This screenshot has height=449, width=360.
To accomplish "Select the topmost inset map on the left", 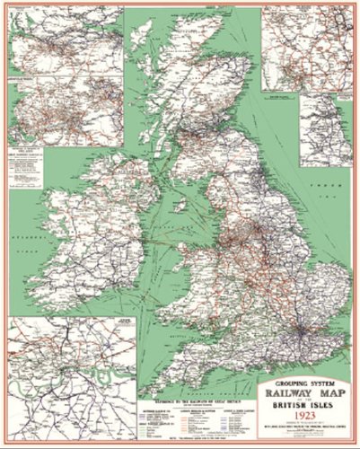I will coord(66,40).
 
